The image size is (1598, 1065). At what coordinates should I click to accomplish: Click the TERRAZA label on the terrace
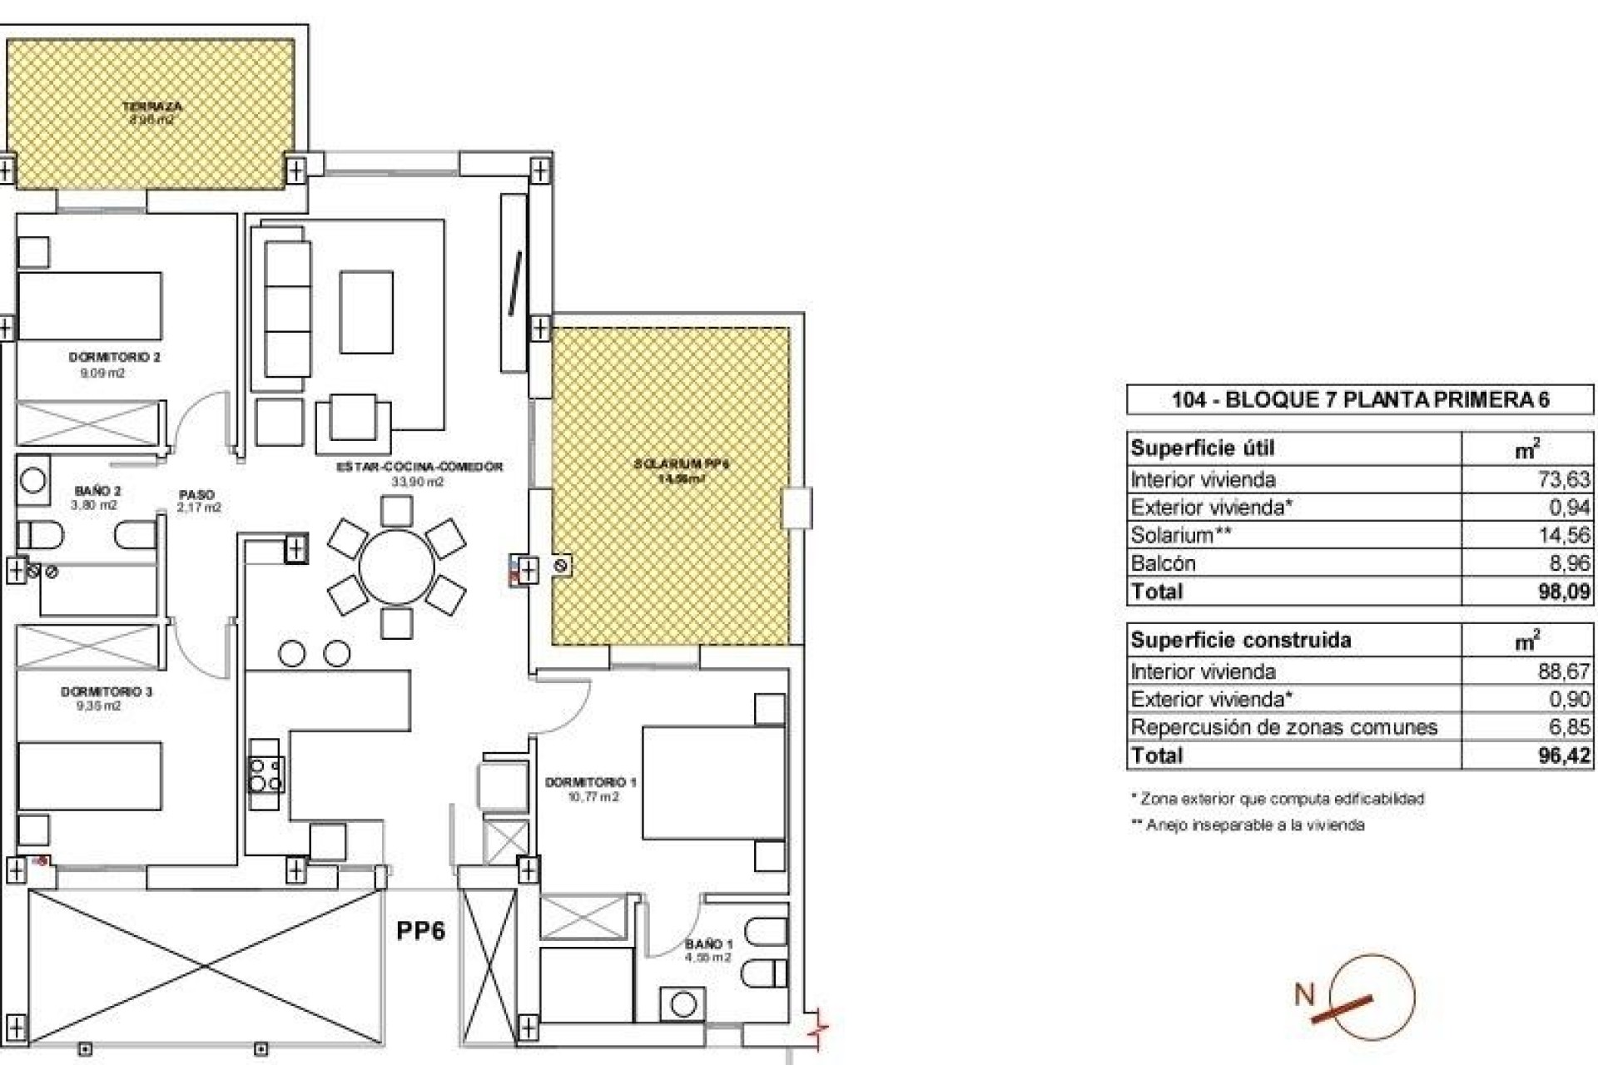151,106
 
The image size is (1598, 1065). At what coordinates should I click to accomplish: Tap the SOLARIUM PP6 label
681,464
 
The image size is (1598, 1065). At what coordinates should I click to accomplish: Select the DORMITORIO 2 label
114,357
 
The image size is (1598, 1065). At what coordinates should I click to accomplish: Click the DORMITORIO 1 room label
590,782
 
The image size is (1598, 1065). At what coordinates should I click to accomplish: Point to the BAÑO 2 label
97,492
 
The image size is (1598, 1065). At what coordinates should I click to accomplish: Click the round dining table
396,567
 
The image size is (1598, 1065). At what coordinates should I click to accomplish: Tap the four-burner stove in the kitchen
266,774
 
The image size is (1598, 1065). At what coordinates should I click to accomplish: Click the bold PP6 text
420,930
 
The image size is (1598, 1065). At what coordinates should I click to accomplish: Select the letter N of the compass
1304,994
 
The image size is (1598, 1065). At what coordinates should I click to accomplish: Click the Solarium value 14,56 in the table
1564,535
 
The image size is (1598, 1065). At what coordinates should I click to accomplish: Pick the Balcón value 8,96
1569,563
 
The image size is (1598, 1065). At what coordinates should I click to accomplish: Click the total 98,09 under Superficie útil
1564,592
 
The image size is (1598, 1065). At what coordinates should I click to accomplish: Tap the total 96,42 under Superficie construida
1564,755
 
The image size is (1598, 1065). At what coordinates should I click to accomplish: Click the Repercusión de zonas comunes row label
1283,727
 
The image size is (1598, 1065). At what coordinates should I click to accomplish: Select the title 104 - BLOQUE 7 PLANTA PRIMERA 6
1360,399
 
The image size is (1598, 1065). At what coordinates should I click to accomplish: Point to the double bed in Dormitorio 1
713,782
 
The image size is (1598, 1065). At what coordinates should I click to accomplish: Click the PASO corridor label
196,494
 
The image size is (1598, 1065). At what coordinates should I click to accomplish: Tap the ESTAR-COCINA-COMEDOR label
419,467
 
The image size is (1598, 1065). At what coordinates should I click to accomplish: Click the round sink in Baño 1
683,1005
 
